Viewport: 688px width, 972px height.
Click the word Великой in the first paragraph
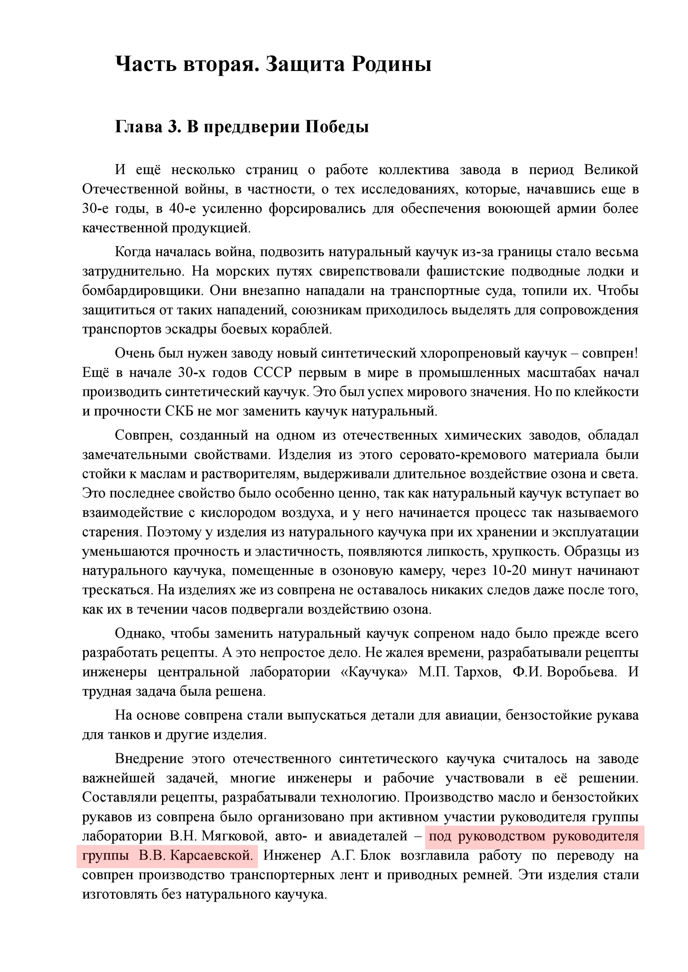tap(611, 170)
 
